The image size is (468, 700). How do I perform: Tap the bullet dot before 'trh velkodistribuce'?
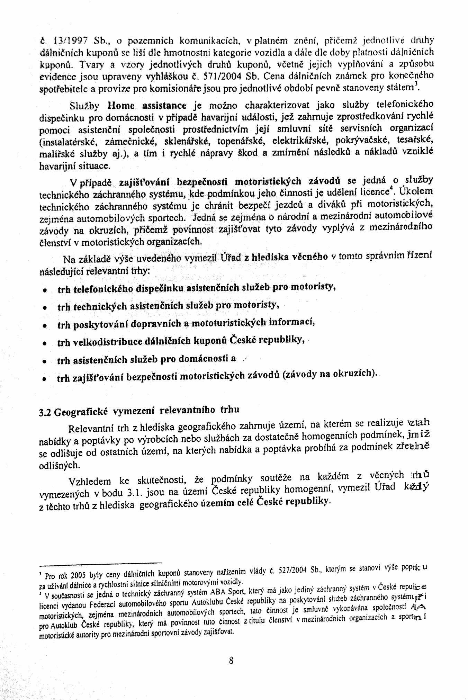(x=44, y=343)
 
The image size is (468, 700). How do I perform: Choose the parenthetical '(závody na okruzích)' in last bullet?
(x=329, y=375)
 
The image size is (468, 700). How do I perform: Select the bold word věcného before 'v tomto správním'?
(x=310, y=257)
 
